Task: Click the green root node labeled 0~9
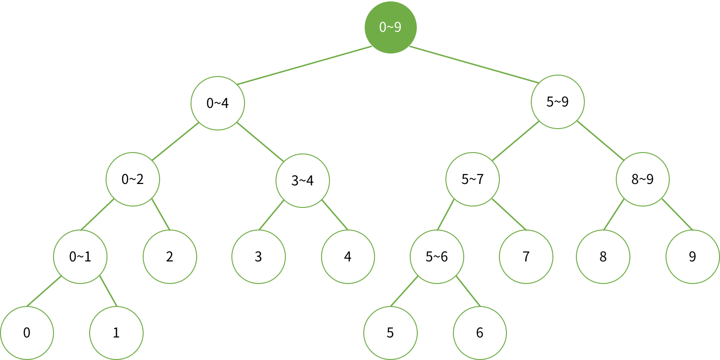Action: (391, 27)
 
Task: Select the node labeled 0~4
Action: (218, 103)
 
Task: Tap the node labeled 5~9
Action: (558, 102)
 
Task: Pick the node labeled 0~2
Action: (133, 179)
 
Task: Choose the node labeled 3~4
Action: (303, 180)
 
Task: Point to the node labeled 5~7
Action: (473, 179)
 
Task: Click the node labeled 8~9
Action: (643, 179)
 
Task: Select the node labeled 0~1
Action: (80, 257)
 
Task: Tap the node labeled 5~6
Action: (437, 257)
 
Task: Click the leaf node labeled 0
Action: (27, 333)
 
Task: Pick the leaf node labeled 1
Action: (116, 333)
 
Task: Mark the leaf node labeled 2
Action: (169, 257)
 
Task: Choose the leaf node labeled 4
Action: (348, 257)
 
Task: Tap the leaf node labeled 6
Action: (480, 333)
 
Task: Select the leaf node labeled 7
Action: (526, 257)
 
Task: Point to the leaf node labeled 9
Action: (692, 257)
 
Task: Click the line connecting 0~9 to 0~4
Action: (303, 66)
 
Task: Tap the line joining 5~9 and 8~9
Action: (600, 141)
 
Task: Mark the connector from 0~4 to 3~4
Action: (260, 141)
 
